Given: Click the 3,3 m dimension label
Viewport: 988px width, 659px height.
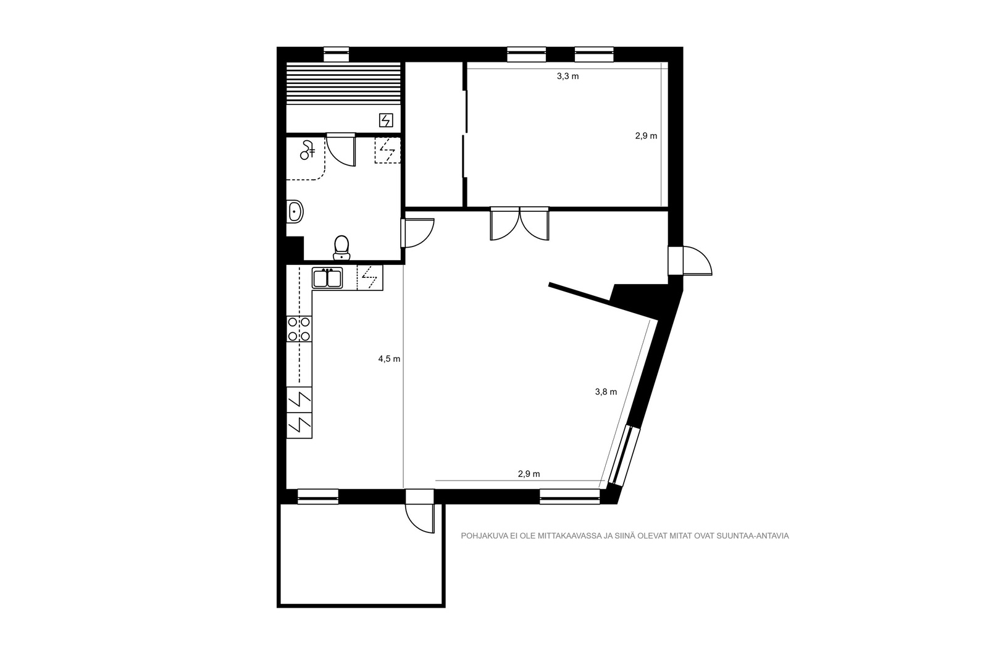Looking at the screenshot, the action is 567,77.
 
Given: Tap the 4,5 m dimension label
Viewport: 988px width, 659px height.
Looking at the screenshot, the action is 389,359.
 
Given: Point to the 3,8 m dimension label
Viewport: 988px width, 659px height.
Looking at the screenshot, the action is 606,392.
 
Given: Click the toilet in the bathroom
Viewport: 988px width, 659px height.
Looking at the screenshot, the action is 341,248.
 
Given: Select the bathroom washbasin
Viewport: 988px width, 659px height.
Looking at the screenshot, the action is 295,212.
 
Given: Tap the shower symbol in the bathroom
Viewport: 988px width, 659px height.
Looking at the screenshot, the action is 307,149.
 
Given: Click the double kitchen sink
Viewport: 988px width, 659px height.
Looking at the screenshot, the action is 327,278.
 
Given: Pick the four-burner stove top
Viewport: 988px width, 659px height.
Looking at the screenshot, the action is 299,329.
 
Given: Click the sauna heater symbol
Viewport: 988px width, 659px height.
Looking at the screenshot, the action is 386,120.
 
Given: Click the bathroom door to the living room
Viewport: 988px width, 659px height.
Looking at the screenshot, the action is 417,233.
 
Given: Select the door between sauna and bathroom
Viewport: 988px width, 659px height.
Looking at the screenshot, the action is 341,150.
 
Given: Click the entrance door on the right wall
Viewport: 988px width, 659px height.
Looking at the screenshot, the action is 690,261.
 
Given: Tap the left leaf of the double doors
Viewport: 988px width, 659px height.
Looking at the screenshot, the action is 505,224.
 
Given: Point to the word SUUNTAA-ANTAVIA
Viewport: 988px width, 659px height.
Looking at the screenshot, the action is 753,536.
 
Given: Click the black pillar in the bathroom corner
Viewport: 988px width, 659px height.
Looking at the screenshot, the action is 295,249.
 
